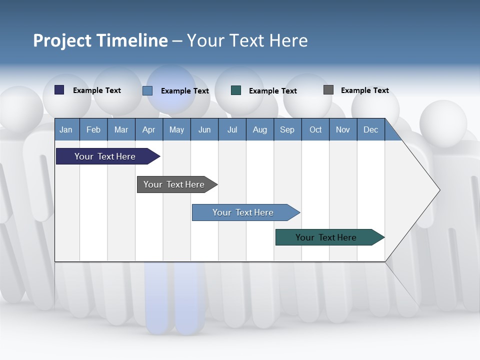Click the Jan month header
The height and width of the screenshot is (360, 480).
(66, 129)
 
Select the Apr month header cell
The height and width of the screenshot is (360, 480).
(148, 129)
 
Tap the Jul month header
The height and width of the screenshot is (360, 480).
(232, 129)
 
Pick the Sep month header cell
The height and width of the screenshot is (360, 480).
(287, 129)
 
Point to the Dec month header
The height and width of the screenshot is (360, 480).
(370, 129)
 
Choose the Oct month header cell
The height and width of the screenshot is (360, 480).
(315, 129)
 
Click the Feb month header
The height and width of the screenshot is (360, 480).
(93, 129)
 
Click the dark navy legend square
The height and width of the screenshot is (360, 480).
(59, 90)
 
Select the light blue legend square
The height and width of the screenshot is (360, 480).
(147, 90)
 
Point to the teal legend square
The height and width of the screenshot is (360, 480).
(236, 90)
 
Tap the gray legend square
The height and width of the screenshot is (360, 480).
(328, 90)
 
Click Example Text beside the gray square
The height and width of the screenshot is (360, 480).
(364, 90)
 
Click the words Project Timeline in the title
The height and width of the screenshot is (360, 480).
(100, 40)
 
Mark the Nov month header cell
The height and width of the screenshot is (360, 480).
(343, 129)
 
